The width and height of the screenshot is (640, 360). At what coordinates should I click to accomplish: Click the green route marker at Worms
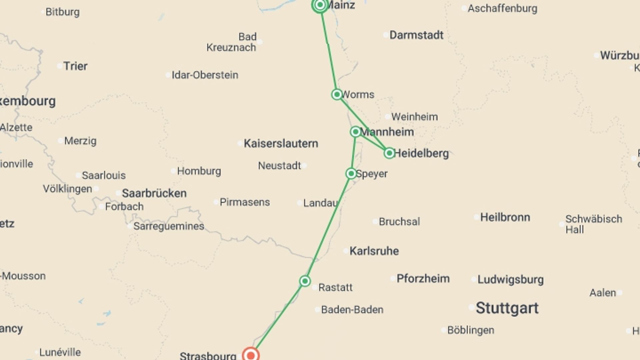pos(337,94)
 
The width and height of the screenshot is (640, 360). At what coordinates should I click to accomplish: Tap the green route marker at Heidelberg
pos(389,153)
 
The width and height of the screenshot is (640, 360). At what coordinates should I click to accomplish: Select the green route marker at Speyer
pos(351,173)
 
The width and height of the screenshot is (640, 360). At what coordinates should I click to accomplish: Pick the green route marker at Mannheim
pos(355,132)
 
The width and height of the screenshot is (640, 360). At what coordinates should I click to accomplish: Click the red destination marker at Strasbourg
pos(251,355)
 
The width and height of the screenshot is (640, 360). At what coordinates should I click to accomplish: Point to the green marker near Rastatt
pos(305,281)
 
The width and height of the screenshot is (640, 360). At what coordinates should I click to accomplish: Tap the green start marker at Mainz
pos(320,5)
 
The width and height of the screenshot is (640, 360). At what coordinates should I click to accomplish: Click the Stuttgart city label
pos(507,308)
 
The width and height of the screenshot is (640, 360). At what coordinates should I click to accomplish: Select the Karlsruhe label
pos(374,251)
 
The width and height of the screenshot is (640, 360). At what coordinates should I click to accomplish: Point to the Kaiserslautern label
pos(281,144)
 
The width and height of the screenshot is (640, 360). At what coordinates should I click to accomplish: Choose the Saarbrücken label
pos(154,193)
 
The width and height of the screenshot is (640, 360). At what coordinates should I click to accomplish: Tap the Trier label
pos(75,66)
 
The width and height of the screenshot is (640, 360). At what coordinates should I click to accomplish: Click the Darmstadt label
pos(416,35)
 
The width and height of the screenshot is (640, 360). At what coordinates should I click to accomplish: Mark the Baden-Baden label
pos(352,310)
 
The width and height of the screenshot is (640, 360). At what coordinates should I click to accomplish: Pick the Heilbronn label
pos(505,217)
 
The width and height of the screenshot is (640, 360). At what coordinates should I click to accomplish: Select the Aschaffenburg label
pos(502,8)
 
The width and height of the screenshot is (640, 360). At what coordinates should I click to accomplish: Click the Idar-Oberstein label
pos(205,75)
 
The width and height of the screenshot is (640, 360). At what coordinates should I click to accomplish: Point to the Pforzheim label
pos(423,279)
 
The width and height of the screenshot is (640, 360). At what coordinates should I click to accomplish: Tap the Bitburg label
pos(62,12)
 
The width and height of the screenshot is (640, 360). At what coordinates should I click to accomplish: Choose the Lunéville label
pos(60,352)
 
